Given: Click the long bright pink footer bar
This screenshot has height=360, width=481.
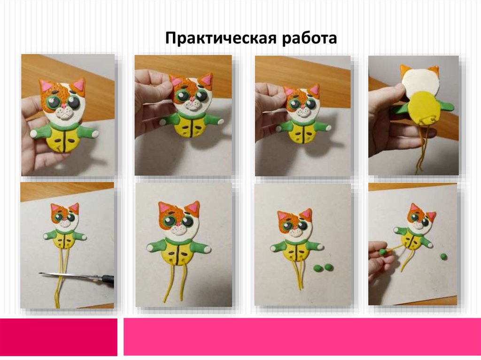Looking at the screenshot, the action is pyautogui.click(x=302, y=337).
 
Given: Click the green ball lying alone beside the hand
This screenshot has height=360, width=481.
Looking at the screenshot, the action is pyautogui.click(x=443, y=256).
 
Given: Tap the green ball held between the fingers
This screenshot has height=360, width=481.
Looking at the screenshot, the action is pyautogui.click(x=382, y=252).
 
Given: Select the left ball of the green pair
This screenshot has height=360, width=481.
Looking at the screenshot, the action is pyautogui.click(x=318, y=268).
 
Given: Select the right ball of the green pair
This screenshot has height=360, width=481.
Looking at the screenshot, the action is pyautogui.click(x=329, y=267).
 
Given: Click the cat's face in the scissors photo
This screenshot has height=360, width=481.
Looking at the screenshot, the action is pyautogui.click(x=65, y=217).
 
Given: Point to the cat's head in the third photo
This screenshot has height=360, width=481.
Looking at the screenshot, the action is pyautogui.click(x=302, y=101).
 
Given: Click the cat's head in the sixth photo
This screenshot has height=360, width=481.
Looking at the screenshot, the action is pyautogui.click(x=179, y=219).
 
